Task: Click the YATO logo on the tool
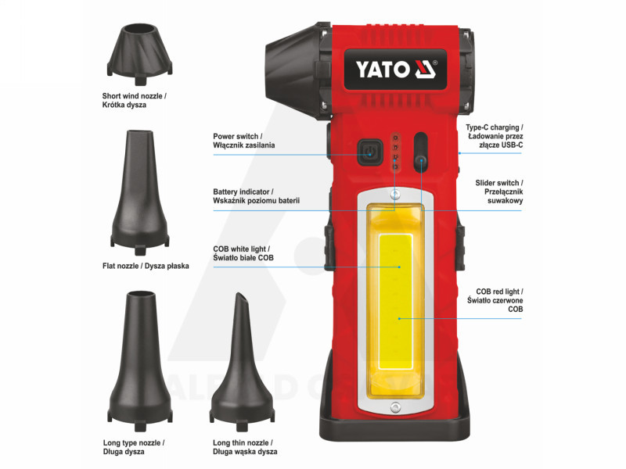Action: (x=395, y=70)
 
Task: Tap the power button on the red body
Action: (x=369, y=152)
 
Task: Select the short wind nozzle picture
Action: (x=140, y=54)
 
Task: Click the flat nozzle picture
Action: (x=140, y=192)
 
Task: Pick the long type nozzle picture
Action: (x=140, y=361)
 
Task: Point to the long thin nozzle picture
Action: (x=242, y=362)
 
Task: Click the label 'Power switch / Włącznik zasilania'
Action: (x=243, y=141)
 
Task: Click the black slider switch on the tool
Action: (x=421, y=152)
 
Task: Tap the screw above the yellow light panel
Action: (x=395, y=195)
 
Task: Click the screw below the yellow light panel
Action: (x=395, y=407)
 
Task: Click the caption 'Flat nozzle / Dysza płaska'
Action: (x=146, y=266)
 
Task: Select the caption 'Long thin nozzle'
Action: (x=243, y=442)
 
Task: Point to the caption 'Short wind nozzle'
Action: (x=134, y=96)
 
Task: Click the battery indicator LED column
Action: (x=396, y=152)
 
